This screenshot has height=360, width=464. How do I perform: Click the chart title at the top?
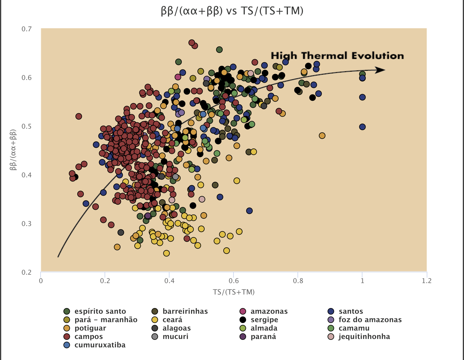point(232,11)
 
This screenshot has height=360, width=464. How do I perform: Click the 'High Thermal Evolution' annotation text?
point(337,56)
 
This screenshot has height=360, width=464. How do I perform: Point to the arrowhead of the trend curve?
point(381,70)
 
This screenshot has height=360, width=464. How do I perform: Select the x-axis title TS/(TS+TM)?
point(234,292)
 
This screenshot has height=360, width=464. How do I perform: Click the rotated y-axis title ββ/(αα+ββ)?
point(13,150)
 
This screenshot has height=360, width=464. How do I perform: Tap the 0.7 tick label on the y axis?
point(26,29)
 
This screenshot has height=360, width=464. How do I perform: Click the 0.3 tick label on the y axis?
point(26,224)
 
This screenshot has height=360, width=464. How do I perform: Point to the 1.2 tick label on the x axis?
point(426,281)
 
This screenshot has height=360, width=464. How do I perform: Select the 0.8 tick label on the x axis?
point(298,281)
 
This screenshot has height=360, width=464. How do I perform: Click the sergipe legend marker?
point(243,320)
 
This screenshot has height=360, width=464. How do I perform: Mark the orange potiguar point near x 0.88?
point(322,136)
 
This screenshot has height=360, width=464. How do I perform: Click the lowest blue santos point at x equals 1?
point(362,127)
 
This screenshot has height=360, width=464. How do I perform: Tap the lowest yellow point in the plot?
point(166,253)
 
